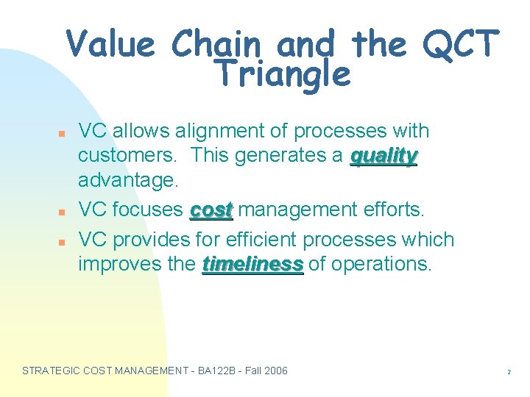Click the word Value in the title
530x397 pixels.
tap(110, 45)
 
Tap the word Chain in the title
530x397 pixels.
tap(216, 45)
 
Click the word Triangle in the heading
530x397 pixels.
tap(282, 75)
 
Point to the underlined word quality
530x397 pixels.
tap(384, 157)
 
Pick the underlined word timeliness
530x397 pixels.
tap(252, 264)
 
